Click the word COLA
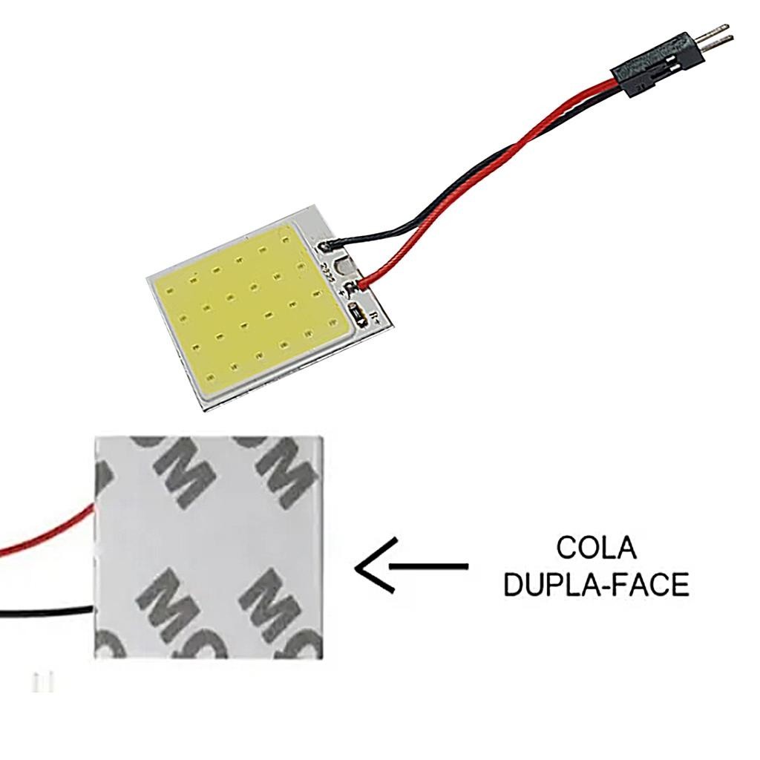tap(596, 549)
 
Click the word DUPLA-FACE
tap(596, 585)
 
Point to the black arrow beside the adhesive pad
tap(412, 567)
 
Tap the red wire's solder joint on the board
tap(361, 284)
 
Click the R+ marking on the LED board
tap(375, 319)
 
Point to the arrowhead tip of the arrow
tap(357, 568)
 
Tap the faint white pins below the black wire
tap(42, 681)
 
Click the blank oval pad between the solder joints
tap(341, 264)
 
